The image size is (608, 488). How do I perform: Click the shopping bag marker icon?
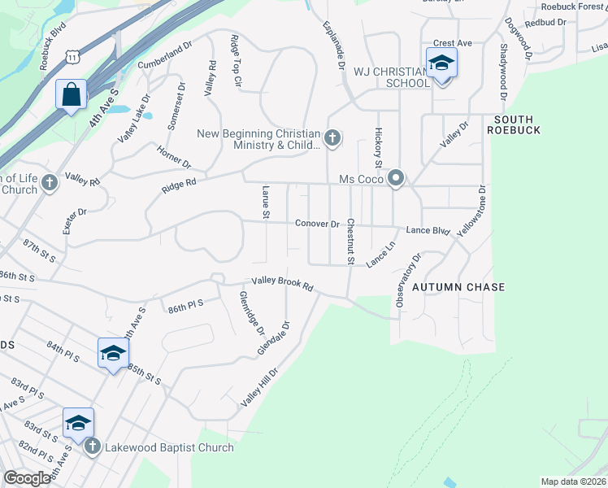[x=72, y=94]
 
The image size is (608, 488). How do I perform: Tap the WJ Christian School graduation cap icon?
[x=441, y=63]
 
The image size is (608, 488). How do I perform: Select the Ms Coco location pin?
[x=396, y=178]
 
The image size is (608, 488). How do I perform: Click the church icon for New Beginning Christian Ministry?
[x=332, y=139]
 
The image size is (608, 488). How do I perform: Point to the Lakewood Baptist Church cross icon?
[x=92, y=446]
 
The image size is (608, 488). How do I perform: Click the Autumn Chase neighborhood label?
[x=458, y=287]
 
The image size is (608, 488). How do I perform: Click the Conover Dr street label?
[x=317, y=224]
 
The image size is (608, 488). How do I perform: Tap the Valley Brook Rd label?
[x=283, y=284]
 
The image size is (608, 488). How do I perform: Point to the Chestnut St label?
[x=350, y=242]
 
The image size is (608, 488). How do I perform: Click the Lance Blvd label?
[x=428, y=231]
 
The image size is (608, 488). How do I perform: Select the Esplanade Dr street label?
[x=334, y=45]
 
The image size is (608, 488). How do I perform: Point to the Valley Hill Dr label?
[x=259, y=387]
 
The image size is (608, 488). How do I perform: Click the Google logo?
[x=27, y=478]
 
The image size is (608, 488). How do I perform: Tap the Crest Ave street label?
[x=453, y=43]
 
